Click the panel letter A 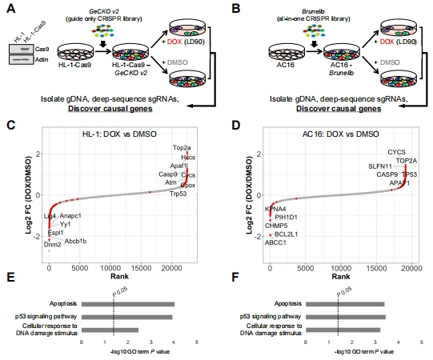coord(9,8)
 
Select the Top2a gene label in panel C coord(182,148)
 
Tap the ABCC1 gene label coord(277,243)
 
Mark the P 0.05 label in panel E coord(120,292)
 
